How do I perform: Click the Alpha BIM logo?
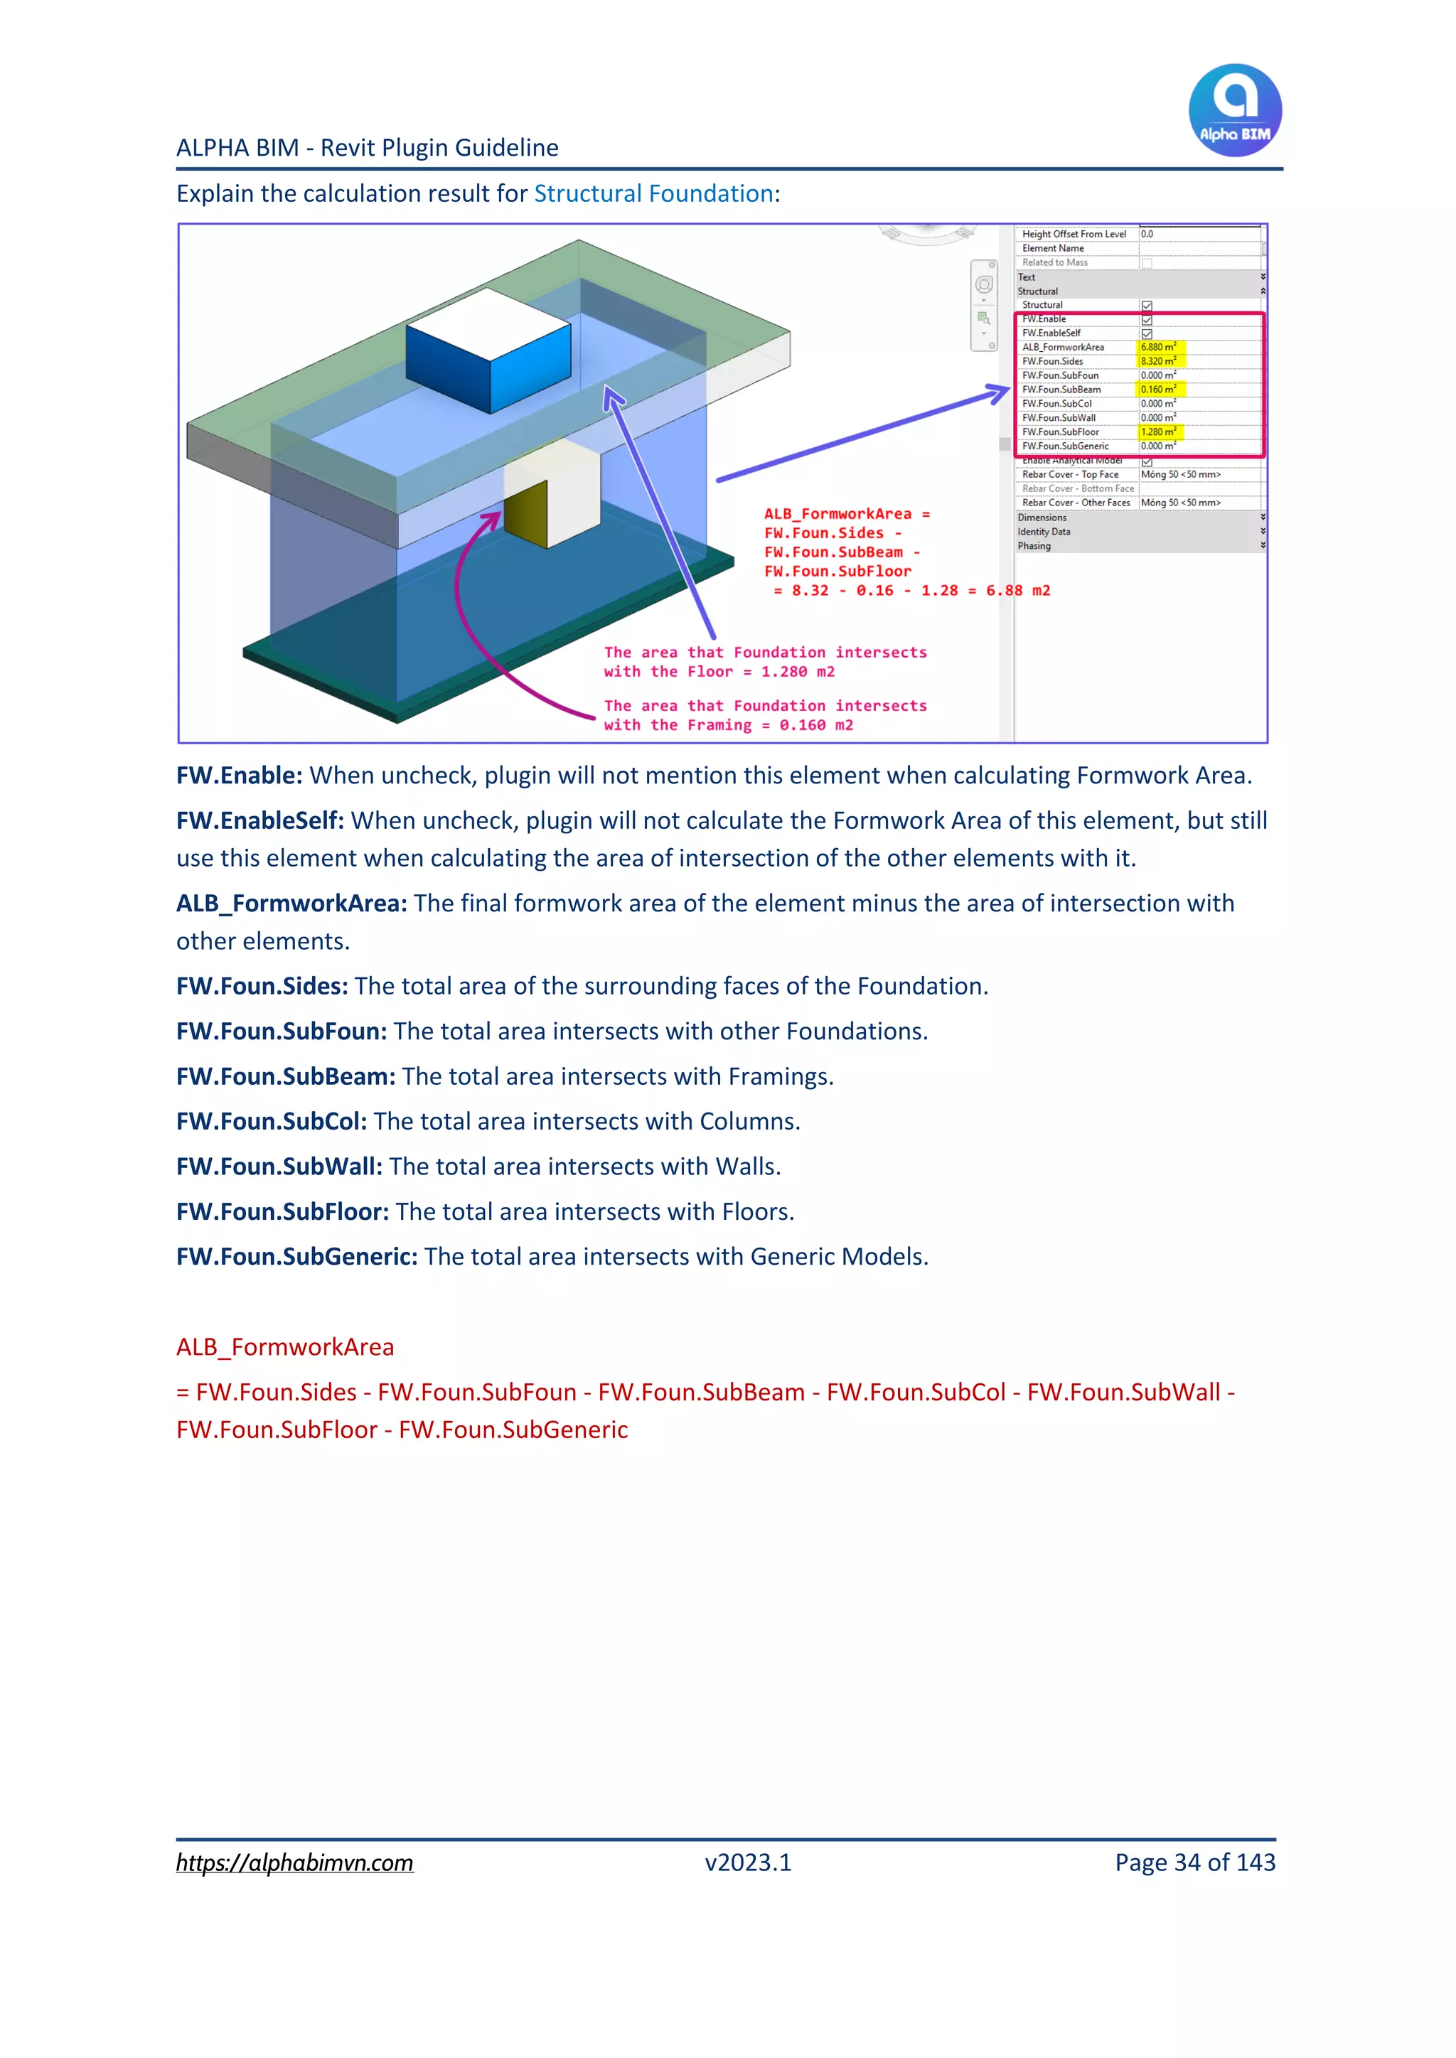click(x=1235, y=110)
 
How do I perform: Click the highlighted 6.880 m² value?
click(x=1157, y=347)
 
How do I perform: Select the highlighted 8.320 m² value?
click(x=1157, y=361)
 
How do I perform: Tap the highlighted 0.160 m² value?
click(x=1157, y=389)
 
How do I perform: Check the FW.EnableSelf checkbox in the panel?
click(x=1147, y=333)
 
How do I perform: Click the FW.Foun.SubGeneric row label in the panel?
click(x=1065, y=446)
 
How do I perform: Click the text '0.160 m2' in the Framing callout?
click(x=816, y=725)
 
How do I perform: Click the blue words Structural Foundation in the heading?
click(x=653, y=193)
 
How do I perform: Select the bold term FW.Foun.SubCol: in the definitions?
click(x=271, y=1121)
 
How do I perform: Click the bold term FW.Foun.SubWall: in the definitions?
click(x=279, y=1166)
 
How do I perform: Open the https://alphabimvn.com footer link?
click(x=294, y=1863)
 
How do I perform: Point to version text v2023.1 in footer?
click(x=748, y=1863)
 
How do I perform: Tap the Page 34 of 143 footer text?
click(x=1194, y=1863)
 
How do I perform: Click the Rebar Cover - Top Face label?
click(x=1069, y=475)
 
